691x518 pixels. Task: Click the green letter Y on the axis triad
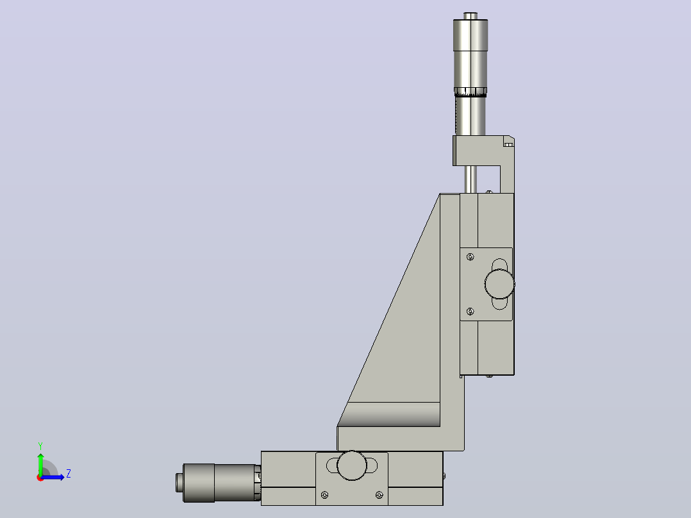pyautogui.click(x=40, y=446)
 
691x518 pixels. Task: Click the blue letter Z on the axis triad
pyautogui.click(x=69, y=474)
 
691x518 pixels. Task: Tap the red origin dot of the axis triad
pyautogui.click(x=40, y=478)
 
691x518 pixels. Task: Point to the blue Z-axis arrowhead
pyautogui.click(x=62, y=477)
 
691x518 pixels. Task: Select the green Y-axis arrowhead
pyautogui.click(x=40, y=456)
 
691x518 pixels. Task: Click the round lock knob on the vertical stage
pyautogui.click(x=499, y=283)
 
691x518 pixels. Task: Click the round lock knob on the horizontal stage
pyautogui.click(x=352, y=465)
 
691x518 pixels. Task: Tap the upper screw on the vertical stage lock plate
pyautogui.click(x=470, y=257)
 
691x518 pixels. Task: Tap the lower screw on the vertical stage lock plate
pyautogui.click(x=470, y=312)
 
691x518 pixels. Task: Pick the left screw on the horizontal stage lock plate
pyautogui.click(x=325, y=495)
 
